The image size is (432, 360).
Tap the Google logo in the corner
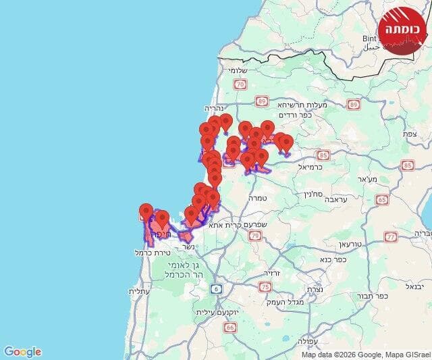[22, 351]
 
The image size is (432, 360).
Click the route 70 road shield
[240, 84]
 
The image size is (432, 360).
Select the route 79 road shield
[254, 236]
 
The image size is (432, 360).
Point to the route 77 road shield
[391, 236]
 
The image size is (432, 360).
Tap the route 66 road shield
[231, 327]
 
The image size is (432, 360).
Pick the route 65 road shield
[382, 199]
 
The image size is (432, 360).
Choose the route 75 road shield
[265, 287]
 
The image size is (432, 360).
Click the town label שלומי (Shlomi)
[239, 70]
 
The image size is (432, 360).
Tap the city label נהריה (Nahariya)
[214, 107]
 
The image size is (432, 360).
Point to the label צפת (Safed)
[409, 134]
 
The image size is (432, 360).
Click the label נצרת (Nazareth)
[315, 289]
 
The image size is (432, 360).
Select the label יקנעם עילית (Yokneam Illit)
[215, 312]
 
